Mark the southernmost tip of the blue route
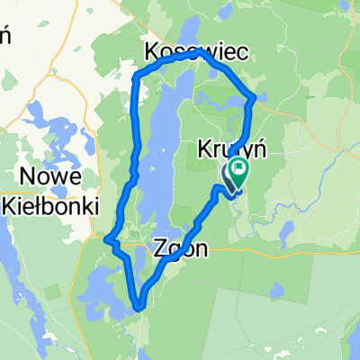(140, 308)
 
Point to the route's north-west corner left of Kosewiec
(136, 78)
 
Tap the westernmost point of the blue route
(106, 239)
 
